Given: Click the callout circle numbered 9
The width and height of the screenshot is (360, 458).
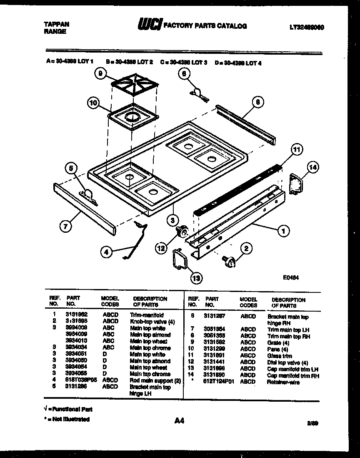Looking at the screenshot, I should click(100, 74).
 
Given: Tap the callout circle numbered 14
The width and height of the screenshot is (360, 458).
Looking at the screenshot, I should click(313, 168).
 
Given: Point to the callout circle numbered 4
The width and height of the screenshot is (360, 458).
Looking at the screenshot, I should click(107, 252).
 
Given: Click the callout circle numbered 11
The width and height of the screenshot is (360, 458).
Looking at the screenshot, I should click(296, 149).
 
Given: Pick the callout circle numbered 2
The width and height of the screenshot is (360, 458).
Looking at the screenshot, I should click(246, 249).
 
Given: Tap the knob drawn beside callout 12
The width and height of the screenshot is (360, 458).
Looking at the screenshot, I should click(182, 231).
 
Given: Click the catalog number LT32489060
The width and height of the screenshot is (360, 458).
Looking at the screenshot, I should click(307, 27).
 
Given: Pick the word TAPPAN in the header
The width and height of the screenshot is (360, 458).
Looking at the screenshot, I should click(56, 24).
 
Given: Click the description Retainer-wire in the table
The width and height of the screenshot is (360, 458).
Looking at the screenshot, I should click(283, 382).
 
